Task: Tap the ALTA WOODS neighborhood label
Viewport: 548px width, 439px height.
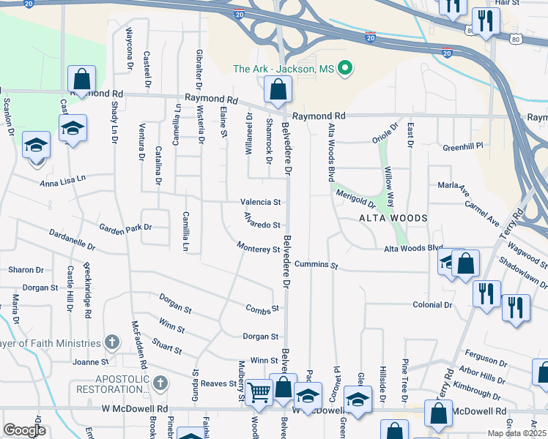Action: (x=393, y=219)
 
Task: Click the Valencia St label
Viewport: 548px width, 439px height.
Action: (x=261, y=202)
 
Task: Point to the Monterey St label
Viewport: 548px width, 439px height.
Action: (x=259, y=249)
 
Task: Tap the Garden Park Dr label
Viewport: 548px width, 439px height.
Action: (x=125, y=228)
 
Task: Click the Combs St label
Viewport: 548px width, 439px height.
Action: (x=263, y=309)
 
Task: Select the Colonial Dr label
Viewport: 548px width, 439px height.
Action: (x=432, y=304)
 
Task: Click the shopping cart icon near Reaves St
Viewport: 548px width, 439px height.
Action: (x=258, y=392)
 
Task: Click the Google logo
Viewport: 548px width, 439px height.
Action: (x=24, y=430)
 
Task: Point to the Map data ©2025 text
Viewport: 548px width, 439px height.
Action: (x=516, y=433)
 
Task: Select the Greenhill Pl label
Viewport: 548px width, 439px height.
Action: (x=463, y=146)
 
